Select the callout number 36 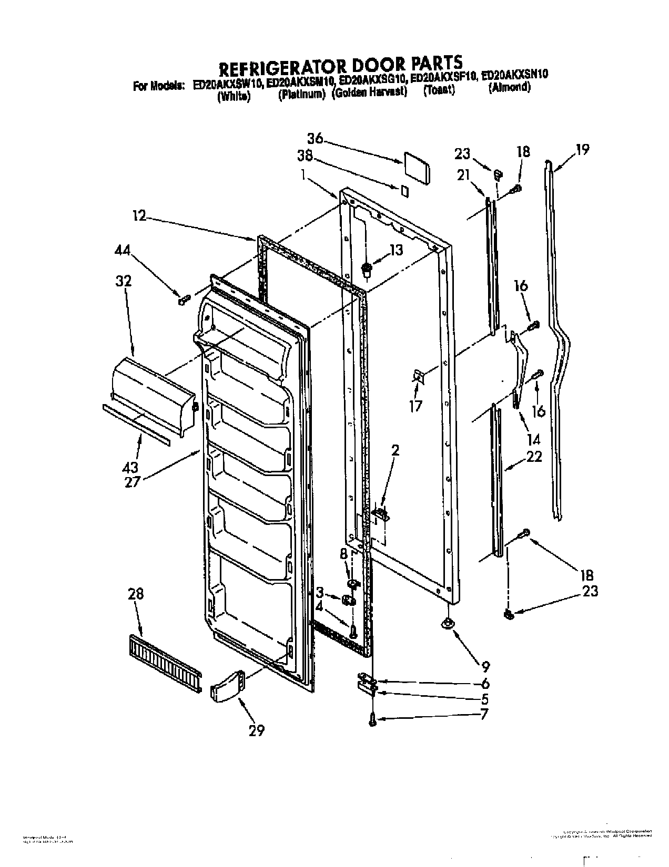(x=315, y=139)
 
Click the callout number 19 (x=582, y=150)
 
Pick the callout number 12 (x=139, y=215)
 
